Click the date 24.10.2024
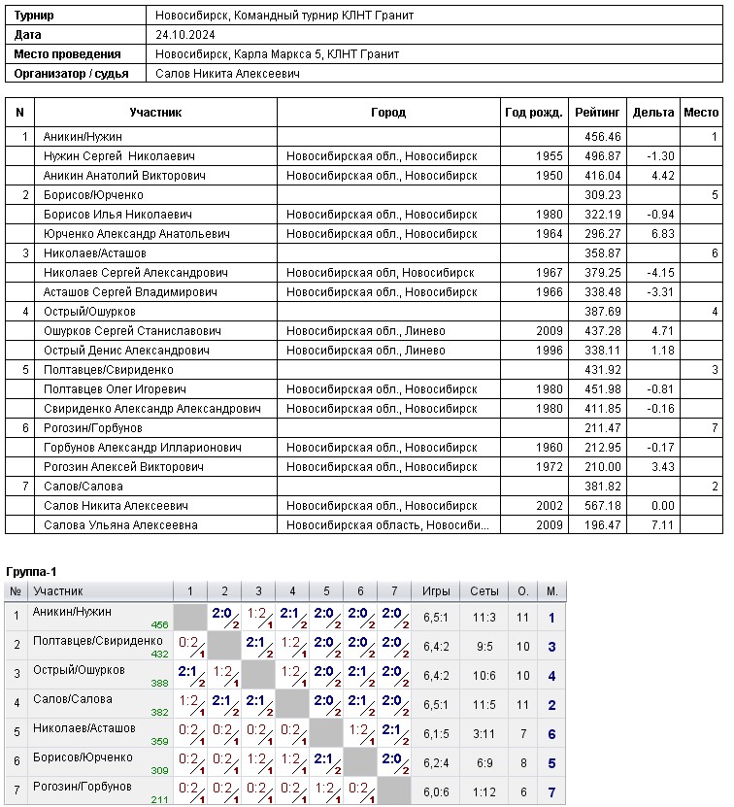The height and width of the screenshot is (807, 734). point(187,35)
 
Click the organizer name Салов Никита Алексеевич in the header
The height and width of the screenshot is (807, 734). point(227,73)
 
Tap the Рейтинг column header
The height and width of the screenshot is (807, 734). point(597,113)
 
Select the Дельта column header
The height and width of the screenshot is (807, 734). point(652,113)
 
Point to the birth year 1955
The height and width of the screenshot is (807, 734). point(549,156)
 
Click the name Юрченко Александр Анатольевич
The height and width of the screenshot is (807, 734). point(136,234)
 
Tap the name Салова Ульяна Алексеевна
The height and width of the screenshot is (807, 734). point(120,525)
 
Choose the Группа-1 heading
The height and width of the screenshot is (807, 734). point(32,571)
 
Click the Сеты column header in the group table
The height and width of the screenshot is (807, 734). point(484,591)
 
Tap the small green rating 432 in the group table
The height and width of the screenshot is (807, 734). point(159,655)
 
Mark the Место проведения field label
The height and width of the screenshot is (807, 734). point(67,54)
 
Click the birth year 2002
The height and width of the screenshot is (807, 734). point(549,506)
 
